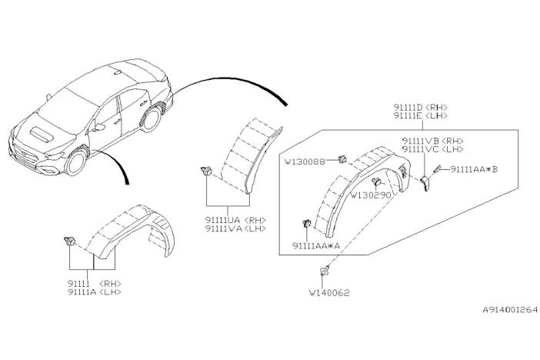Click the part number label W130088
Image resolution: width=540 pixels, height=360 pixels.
tap(305, 162)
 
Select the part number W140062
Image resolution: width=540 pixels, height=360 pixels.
tap(329, 293)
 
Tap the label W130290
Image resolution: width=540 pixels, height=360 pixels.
tap(371, 195)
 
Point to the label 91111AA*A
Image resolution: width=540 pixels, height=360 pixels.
tap(316, 245)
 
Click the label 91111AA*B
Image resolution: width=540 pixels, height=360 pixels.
tap(474, 169)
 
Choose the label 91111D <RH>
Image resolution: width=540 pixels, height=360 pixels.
tap(421, 108)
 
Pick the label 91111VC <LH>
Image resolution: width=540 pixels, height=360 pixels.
tap(432, 149)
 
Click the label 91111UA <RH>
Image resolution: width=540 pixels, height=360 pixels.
tap(235, 220)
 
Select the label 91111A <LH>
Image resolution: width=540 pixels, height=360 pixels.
tap(95, 292)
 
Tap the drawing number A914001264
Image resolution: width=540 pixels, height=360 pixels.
tap(510, 310)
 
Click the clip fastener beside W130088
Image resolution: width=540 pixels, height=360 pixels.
tap(342, 159)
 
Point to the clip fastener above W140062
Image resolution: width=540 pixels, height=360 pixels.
tap(324, 271)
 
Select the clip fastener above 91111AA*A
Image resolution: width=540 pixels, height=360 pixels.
tap(306, 223)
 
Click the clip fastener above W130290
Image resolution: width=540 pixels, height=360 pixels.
tap(376, 182)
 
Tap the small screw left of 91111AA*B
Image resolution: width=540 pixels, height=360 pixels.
tap(438, 169)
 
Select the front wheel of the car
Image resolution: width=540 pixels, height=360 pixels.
tap(77, 162)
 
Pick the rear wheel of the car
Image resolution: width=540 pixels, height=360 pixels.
tap(151, 119)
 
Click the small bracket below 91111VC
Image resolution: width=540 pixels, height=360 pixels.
tap(425, 182)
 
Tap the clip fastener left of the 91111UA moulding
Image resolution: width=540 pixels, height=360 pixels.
tap(206, 170)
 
